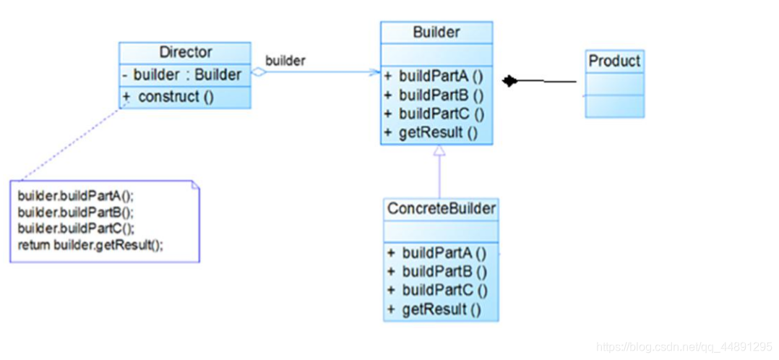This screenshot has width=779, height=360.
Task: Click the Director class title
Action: click(x=185, y=52)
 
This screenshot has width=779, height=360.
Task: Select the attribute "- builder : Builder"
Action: click(x=182, y=75)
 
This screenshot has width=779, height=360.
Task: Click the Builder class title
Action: click(x=436, y=33)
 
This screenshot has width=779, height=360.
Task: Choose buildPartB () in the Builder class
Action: click(x=434, y=95)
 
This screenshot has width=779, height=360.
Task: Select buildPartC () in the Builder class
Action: click(x=434, y=114)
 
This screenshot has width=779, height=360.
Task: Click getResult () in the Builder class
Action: click(x=431, y=133)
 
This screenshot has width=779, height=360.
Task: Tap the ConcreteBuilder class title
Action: click(x=441, y=209)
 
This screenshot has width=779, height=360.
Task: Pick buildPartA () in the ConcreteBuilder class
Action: click(x=436, y=253)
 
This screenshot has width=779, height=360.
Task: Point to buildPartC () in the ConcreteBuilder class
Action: click(x=437, y=291)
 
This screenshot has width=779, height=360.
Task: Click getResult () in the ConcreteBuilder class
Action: click(x=434, y=309)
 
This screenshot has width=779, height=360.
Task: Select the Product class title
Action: click(x=614, y=61)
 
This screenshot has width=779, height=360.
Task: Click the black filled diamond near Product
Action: click(x=509, y=81)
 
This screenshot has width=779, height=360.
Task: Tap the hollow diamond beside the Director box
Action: click(x=259, y=72)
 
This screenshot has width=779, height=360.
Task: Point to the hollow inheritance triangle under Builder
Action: click(x=439, y=150)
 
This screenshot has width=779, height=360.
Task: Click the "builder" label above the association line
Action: click(x=285, y=61)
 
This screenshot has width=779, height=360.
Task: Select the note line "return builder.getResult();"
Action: click(x=90, y=245)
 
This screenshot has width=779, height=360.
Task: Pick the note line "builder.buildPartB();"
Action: click(x=76, y=212)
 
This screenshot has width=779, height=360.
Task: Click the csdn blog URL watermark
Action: click(x=684, y=346)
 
